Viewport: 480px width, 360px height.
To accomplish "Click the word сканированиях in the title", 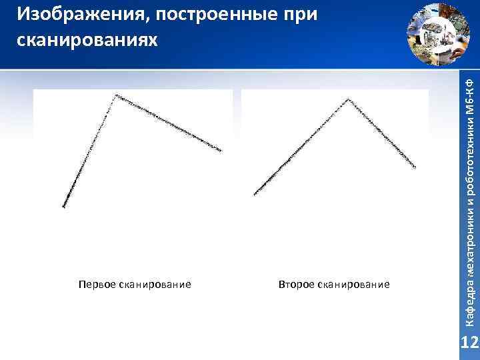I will (x=87, y=39).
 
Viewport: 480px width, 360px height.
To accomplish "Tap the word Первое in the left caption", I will (x=97, y=285).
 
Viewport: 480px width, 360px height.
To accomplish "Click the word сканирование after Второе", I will (x=353, y=285).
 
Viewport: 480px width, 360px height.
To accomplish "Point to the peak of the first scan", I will (x=116, y=95).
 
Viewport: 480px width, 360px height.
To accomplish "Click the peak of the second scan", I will (x=347, y=99).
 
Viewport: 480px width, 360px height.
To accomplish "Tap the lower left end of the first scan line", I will (x=63, y=207).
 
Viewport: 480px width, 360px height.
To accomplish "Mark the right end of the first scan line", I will (x=220, y=151).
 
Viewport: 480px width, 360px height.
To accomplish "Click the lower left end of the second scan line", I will (x=255, y=194).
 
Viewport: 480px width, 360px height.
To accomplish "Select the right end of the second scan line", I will (x=415, y=167).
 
